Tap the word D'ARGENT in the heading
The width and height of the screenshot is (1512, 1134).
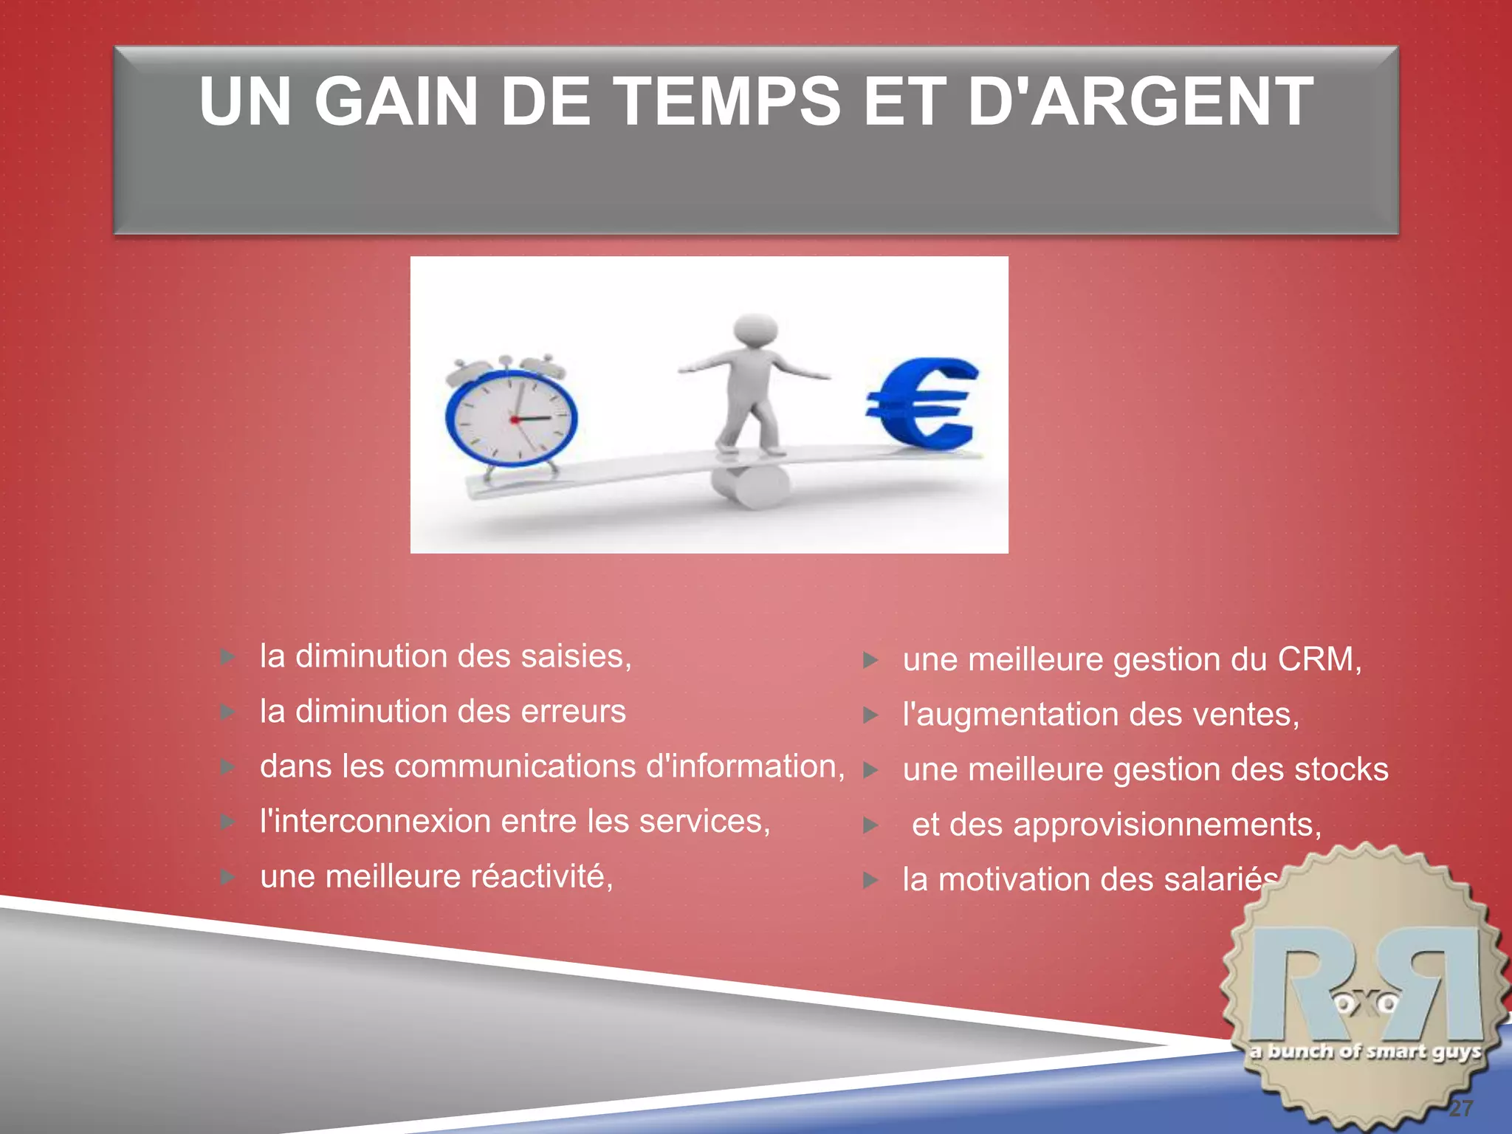click(1139, 102)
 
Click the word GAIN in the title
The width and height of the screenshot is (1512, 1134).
click(396, 102)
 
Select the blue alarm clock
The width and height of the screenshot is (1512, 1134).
click(512, 418)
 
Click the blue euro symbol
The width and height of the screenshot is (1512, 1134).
click(923, 404)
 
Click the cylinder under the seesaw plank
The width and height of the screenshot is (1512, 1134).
click(748, 485)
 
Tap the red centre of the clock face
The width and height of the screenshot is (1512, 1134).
click(515, 419)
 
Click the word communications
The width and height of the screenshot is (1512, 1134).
click(516, 766)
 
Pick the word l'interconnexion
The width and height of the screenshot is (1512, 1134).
click(375, 822)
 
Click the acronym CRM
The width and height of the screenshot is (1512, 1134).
click(1318, 659)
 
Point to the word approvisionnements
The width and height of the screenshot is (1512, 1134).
click(1166, 825)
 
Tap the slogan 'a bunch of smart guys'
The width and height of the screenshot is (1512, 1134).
click(1366, 1051)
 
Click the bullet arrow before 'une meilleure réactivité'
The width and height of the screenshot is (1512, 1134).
click(228, 877)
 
